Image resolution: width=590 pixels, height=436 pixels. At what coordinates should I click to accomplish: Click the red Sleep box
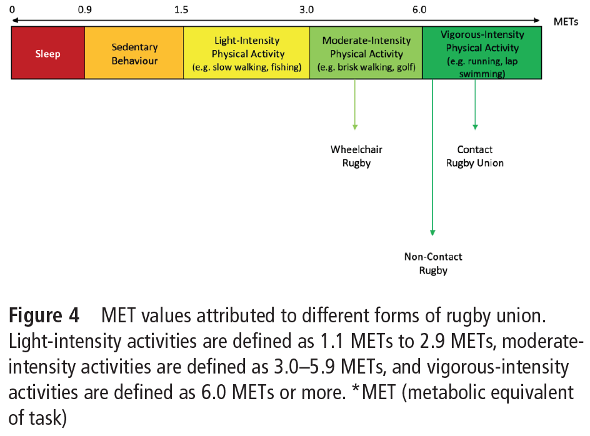tap(47, 52)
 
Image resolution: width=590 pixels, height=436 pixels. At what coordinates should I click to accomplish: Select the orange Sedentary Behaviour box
tap(134, 52)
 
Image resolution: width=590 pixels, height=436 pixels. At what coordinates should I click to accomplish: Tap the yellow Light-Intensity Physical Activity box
tap(246, 52)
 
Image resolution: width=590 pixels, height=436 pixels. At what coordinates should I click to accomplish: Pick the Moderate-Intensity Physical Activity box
tap(366, 52)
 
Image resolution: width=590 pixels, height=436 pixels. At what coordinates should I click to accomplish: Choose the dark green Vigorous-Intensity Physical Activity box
tap(482, 52)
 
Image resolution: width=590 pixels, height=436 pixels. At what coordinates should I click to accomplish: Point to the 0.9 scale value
tap(84, 9)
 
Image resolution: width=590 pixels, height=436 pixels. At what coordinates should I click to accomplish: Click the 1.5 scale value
tap(181, 9)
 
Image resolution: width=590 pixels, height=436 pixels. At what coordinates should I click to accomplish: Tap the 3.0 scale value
tap(306, 9)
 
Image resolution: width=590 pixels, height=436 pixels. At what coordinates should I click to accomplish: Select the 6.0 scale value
tap(419, 9)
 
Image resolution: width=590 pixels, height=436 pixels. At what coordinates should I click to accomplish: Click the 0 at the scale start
tap(12, 9)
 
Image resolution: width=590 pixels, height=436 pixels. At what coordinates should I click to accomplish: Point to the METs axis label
tap(566, 22)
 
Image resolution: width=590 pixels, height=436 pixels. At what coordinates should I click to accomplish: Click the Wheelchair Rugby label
tap(356, 156)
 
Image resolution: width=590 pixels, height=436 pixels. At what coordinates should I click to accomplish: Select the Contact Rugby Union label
tap(475, 156)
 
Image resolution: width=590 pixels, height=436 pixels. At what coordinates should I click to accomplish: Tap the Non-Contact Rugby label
tap(433, 264)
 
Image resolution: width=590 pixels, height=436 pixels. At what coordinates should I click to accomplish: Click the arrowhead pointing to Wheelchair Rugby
tap(355, 127)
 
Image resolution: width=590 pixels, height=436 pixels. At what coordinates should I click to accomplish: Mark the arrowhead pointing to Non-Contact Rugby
tap(432, 233)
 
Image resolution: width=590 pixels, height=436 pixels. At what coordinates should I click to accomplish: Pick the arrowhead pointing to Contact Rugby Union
tap(475, 127)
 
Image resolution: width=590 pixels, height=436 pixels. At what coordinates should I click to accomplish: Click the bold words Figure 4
tap(44, 315)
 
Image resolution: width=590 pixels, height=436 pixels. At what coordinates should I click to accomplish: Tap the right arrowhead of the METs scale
tap(537, 21)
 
